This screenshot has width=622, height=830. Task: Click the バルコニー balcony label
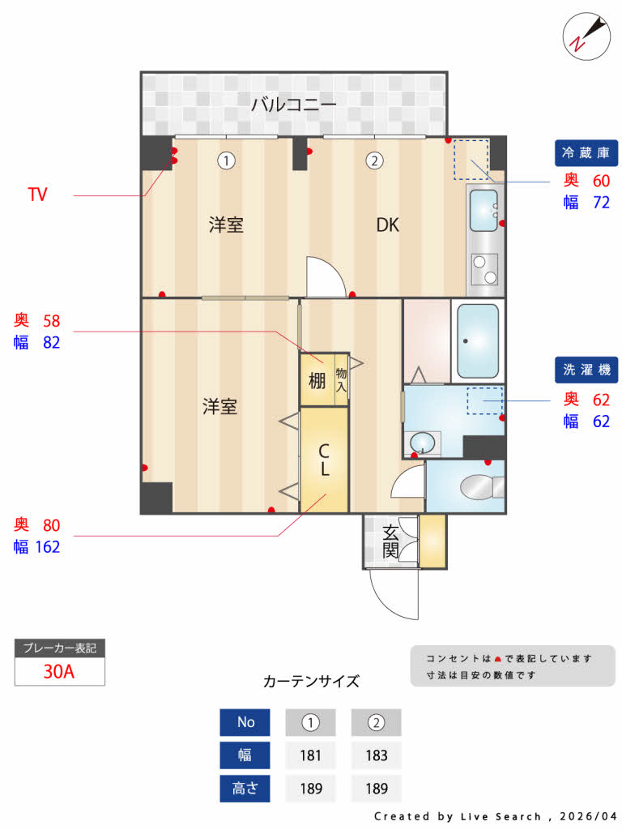coord(293,104)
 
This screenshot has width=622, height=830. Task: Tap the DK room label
coord(387,225)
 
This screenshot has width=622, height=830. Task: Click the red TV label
coord(36,195)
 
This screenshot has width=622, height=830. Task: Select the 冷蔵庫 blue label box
coord(586,152)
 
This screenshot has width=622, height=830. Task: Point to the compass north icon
coord(586,35)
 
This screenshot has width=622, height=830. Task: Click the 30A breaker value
coord(59,671)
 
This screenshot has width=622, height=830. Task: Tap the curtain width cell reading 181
coord(311,755)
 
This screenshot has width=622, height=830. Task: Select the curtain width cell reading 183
coord(376,755)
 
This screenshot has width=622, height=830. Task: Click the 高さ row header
coord(245,789)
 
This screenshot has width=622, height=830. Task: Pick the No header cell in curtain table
coord(245,722)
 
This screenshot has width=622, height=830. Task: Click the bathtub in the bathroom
coord(477,340)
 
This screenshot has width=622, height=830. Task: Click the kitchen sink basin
coord(484,210)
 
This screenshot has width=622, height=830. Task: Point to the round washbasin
coord(421,443)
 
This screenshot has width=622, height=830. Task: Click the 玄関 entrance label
coord(390,541)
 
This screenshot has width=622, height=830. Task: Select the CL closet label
coord(323,460)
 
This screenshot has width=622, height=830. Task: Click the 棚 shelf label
coord(317,379)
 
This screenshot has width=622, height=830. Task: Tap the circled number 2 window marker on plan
coord(373,160)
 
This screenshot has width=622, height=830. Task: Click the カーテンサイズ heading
coord(311,681)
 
